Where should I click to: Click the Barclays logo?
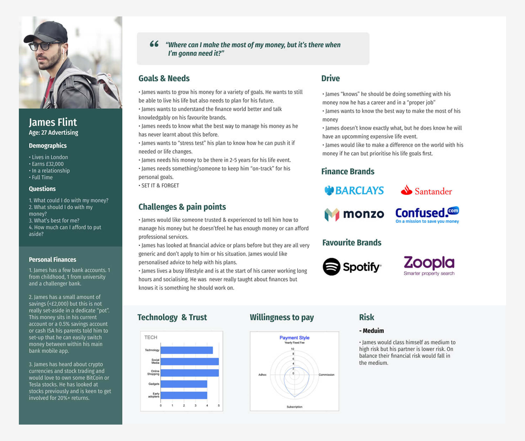[354, 191]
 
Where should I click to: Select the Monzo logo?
[354, 214]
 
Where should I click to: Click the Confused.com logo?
[427, 215]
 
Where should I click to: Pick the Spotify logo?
[352, 267]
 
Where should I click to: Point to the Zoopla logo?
[429, 265]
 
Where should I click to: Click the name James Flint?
[53, 122]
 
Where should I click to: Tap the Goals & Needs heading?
[164, 78]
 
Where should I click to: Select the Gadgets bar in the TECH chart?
[184, 384]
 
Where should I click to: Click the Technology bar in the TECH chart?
[186, 350]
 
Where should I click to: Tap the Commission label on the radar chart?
[326, 375]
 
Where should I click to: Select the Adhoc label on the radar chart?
[262, 375]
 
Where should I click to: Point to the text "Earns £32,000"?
[48, 164]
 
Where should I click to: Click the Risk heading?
[366, 317]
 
